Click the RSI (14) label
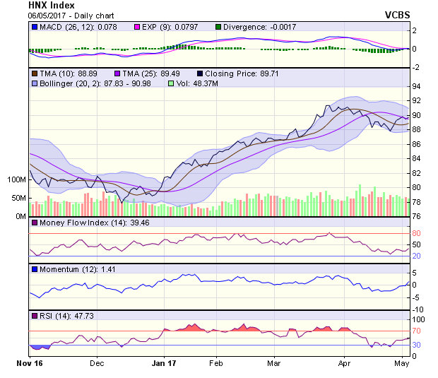tap(55, 316)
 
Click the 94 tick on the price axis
tap(417, 86)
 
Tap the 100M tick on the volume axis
tap(16, 180)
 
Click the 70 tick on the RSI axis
tap(417, 330)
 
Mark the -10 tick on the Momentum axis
tap(418, 309)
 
